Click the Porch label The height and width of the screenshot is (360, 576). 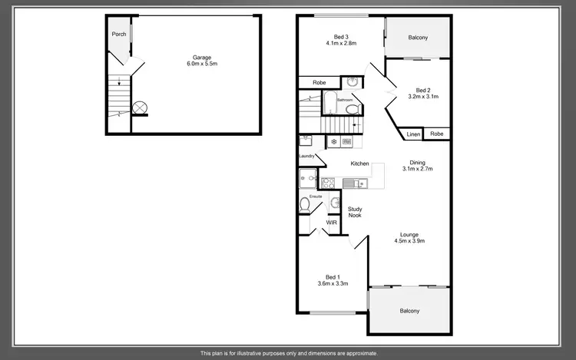118,34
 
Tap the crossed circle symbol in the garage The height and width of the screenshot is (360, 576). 140,107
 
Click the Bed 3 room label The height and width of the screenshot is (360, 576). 341,37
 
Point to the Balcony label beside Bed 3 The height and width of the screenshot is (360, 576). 418,38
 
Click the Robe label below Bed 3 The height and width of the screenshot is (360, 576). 318,81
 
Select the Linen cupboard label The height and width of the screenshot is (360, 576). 414,134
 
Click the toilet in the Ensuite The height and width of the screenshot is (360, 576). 304,205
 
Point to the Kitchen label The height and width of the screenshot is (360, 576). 359,163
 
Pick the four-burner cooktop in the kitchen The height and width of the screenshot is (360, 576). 328,183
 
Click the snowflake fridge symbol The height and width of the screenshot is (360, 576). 334,141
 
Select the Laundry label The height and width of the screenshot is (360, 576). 307,156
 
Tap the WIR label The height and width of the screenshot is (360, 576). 331,223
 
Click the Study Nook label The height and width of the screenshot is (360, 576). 355,212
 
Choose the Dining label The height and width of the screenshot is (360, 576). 417,162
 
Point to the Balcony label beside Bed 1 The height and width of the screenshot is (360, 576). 409,311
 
